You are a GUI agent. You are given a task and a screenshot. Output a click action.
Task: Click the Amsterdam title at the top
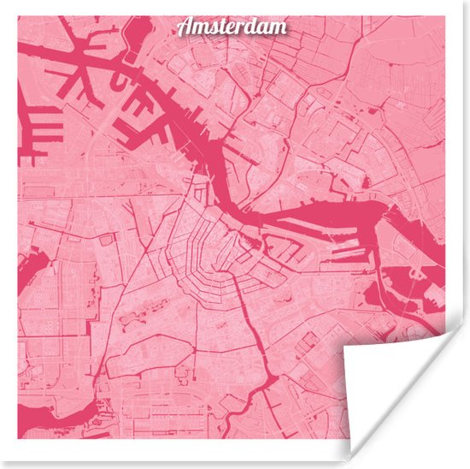pyautogui.click(x=232, y=27)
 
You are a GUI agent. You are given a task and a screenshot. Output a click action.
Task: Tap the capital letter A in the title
pyautogui.click(x=185, y=27)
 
